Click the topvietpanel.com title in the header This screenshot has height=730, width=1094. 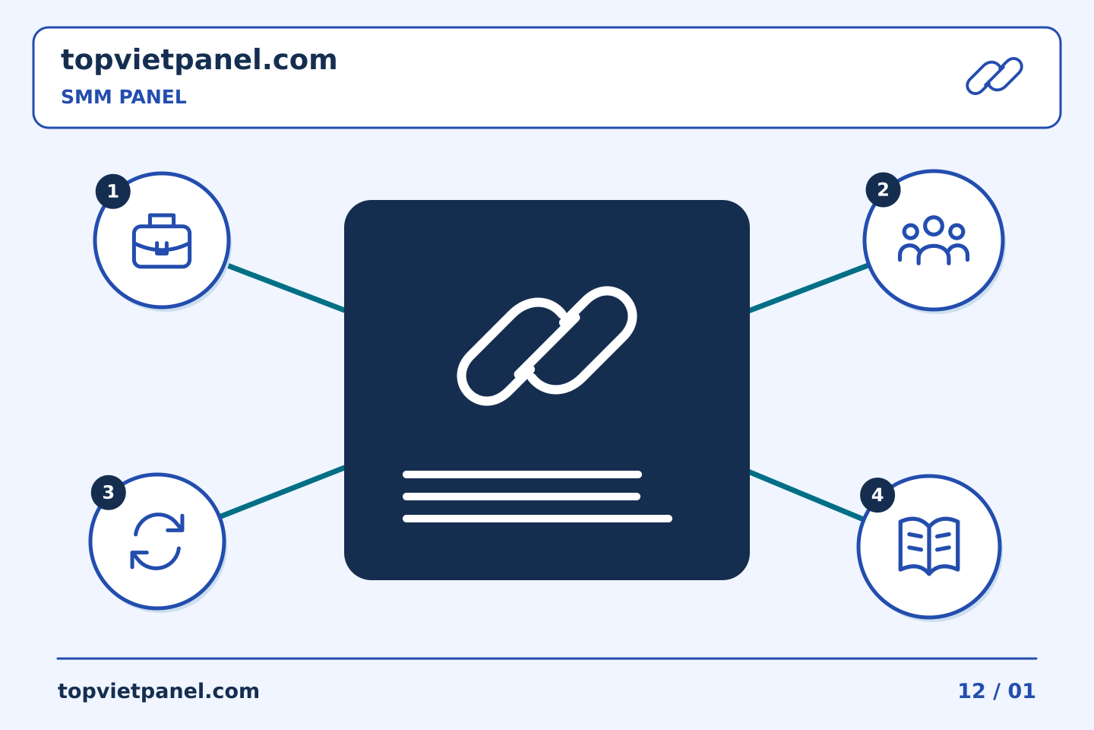click(199, 61)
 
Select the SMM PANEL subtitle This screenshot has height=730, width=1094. click(124, 97)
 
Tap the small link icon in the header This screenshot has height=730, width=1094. click(994, 76)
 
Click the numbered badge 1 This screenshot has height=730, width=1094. click(112, 191)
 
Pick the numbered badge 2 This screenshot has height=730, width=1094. click(883, 189)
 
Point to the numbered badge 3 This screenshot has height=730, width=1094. click(109, 493)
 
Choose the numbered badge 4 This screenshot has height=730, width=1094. click(877, 495)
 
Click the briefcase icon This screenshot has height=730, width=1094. click(162, 241)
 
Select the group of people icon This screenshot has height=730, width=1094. click(933, 240)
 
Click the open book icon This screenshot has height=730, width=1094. click(929, 546)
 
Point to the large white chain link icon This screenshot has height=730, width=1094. click(547, 346)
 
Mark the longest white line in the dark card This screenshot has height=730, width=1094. click(537, 519)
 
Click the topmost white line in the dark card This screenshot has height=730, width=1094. click(522, 474)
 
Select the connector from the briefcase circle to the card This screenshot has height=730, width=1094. click(286, 288)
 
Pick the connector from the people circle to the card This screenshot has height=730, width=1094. click(809, 288)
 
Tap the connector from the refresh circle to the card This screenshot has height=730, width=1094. click(283, 492)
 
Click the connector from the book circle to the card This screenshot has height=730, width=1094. click(806, 495)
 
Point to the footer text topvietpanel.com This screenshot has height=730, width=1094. click(158, 691)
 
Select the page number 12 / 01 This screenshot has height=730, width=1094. click(997, 691)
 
